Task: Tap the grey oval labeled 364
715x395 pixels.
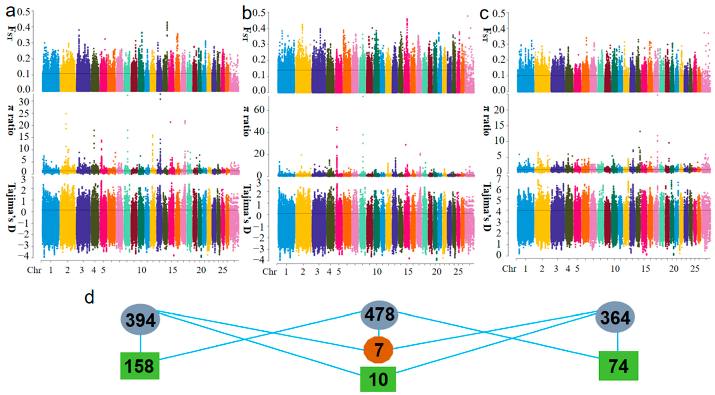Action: [615, 318]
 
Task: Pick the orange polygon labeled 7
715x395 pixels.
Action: [378, 350]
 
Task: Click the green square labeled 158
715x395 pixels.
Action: [140, 366]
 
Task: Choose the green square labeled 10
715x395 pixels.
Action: [378, 379]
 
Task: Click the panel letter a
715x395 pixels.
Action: [10, 12]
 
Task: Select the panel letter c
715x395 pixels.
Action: [484, 13]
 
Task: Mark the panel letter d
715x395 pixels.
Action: [89, 297]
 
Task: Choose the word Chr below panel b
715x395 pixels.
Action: [269, 272]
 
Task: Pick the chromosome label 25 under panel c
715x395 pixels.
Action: [695, 269]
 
